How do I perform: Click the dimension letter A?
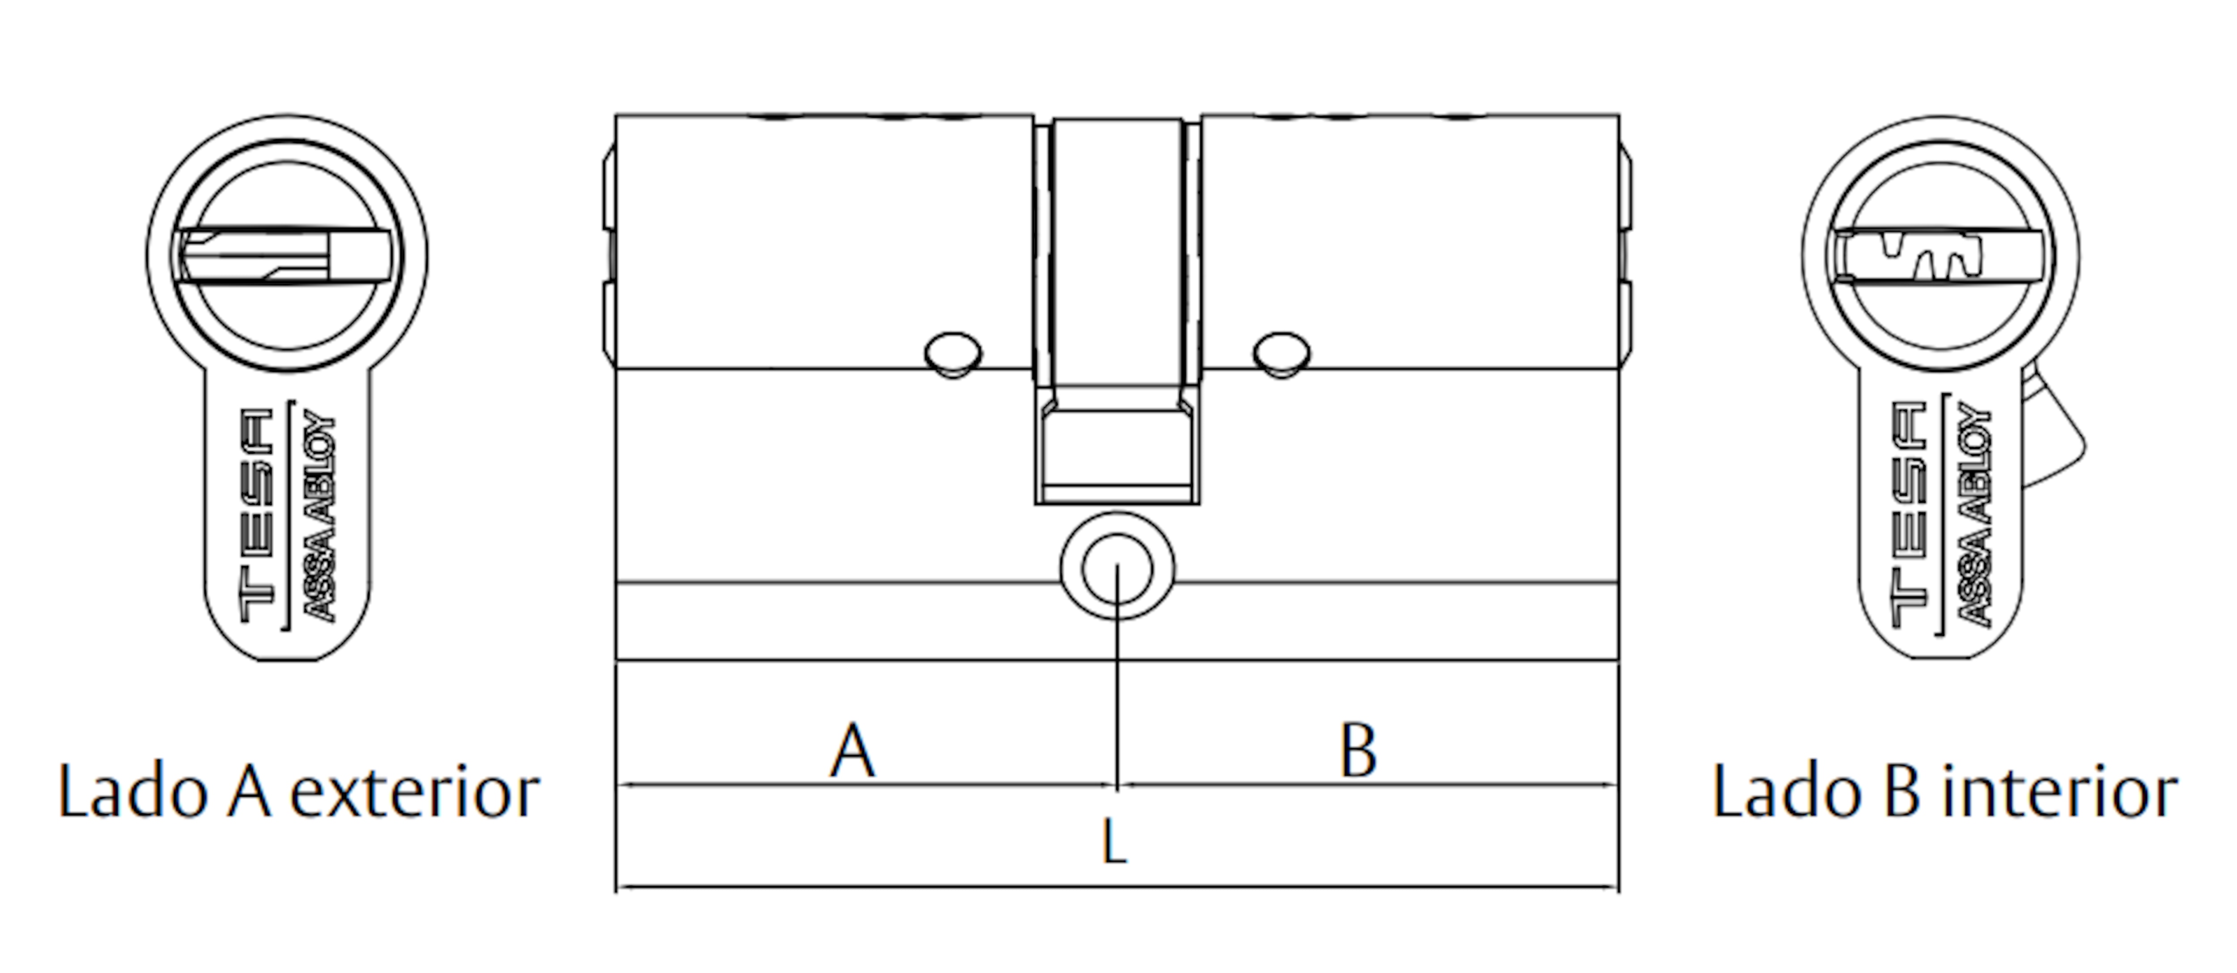853,751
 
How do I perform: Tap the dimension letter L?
1114,841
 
